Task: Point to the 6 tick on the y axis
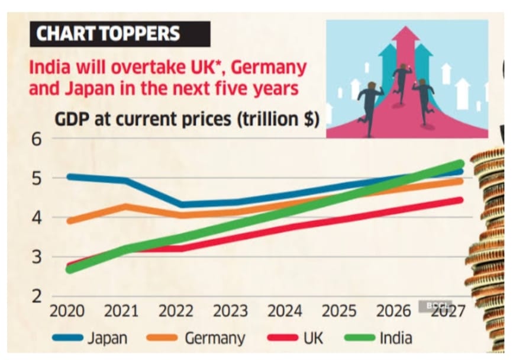[x=37, y=140]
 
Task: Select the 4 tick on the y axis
[x=37, y=218]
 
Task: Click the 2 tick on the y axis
[x=37, y=297]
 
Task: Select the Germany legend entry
[x=195, y=338]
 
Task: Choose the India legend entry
[x=379, y=338]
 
